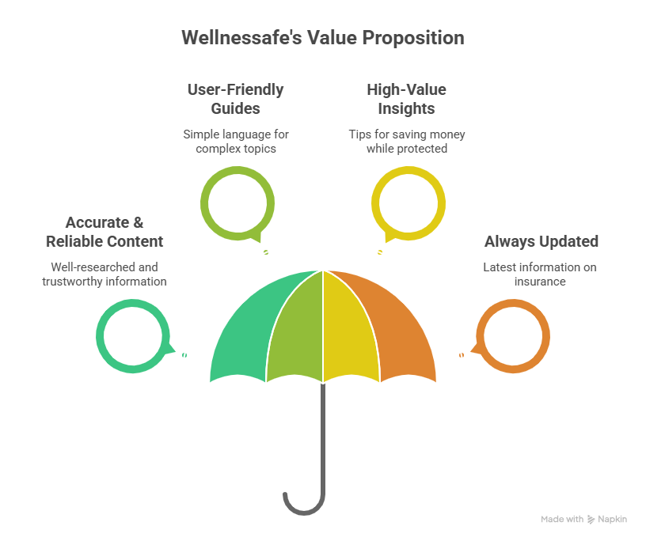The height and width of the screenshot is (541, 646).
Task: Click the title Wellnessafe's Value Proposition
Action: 322,37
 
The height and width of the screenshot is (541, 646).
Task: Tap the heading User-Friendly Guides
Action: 235,99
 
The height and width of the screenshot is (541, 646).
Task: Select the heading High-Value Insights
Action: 406,99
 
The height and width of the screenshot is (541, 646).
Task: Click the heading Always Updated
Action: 541,241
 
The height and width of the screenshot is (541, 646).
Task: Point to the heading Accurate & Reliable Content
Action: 104,232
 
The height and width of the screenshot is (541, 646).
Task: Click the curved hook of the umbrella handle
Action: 301,506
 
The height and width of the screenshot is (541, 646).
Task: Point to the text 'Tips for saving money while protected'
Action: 406,141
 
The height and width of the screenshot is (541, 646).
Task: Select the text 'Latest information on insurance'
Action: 540,274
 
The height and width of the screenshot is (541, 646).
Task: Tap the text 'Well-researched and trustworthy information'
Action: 104,274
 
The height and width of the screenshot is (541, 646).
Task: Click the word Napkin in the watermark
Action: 612,520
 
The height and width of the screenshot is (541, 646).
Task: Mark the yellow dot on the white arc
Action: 380,252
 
